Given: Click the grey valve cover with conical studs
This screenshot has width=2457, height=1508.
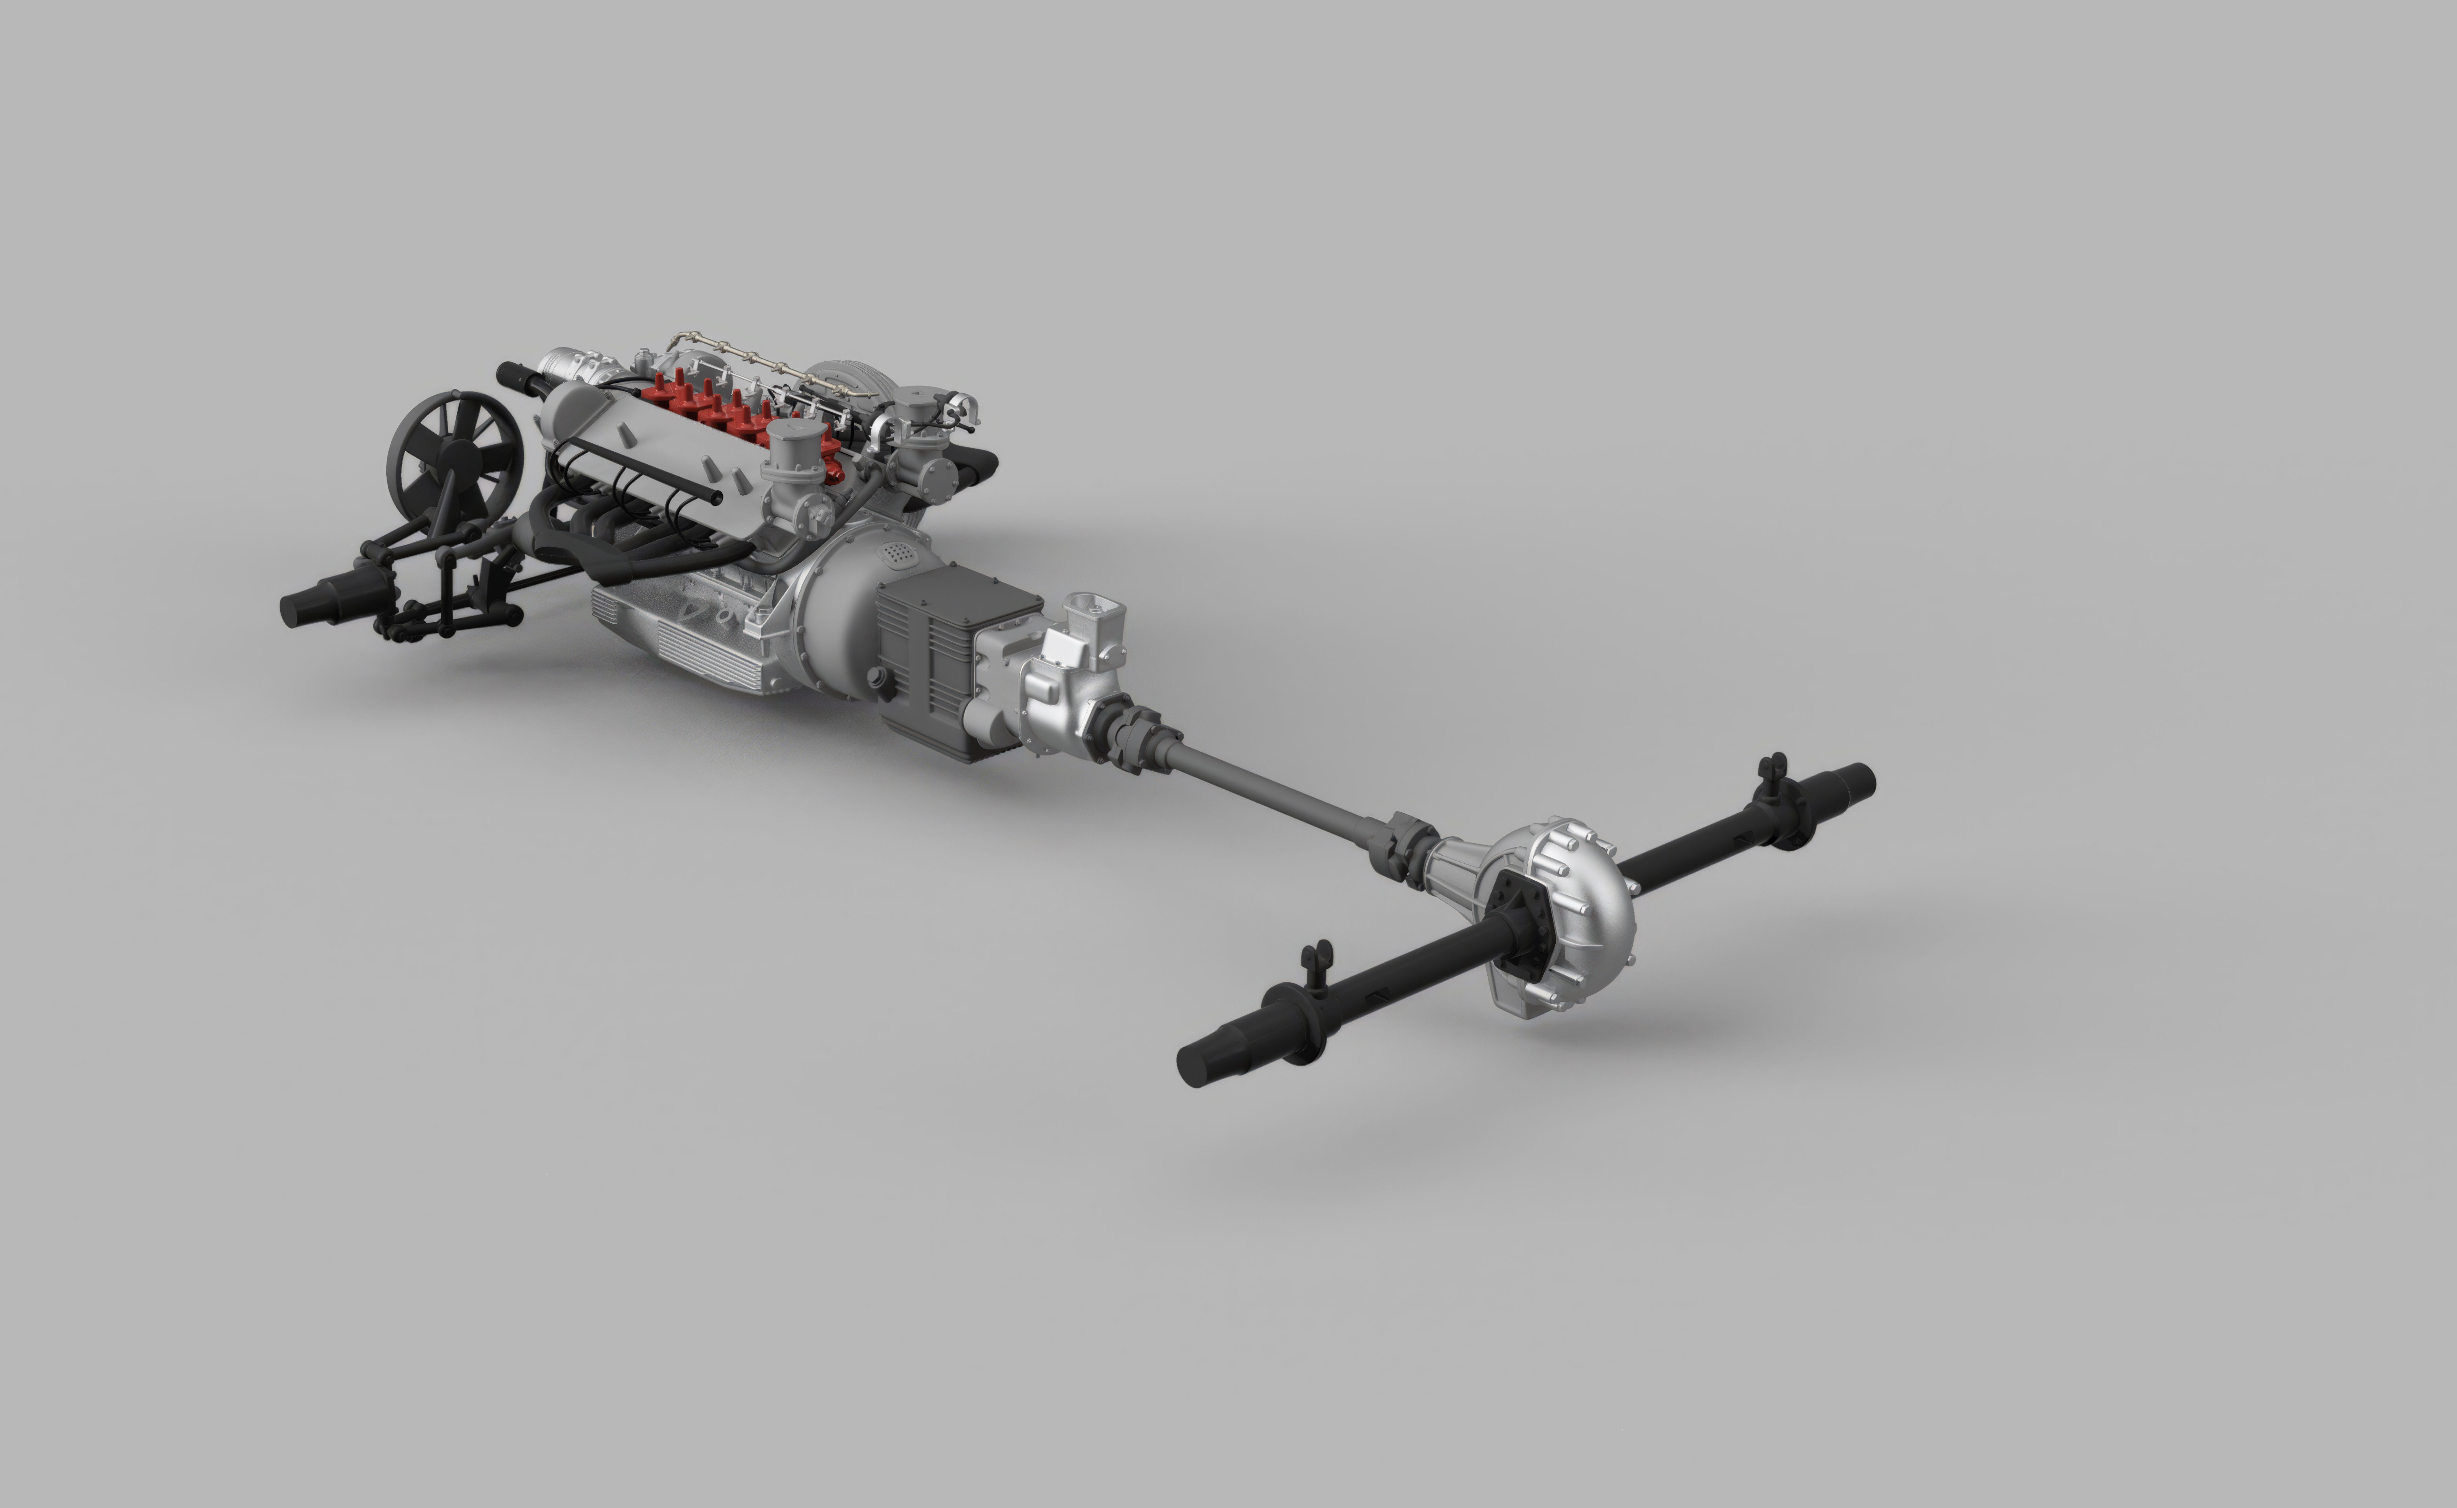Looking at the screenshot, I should pos(638,449).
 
